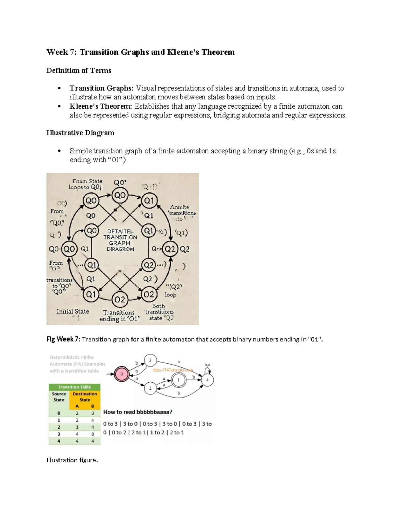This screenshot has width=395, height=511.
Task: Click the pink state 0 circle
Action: [x=121, y=374]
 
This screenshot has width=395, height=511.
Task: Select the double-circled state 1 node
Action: [x=179, y=380]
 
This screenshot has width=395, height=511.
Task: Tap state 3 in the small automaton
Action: [x=150, y=360]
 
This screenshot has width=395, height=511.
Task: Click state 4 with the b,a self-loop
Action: [x=207, y=380]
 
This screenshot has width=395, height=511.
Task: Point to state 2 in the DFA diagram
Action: [x=150, y=388]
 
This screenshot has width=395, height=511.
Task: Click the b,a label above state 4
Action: [x=207, y=365]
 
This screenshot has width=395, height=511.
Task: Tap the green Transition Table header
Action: [x=74, y=387]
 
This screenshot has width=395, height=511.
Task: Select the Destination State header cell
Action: [x=85, y=397]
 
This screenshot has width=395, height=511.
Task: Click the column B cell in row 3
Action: [x=92, y=434]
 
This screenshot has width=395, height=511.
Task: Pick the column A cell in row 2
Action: [x=77, y=427]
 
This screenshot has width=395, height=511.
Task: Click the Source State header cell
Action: [x=59, y=397]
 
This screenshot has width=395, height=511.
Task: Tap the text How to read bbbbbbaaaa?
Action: [x=138, y=412]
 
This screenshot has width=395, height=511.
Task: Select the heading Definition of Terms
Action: [x=79, y=70]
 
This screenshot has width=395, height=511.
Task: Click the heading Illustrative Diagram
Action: [x=80, y=133]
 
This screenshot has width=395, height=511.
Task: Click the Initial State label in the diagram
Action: [x=72, y=311]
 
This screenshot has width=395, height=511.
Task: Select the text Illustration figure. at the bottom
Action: [x=72, y=460]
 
